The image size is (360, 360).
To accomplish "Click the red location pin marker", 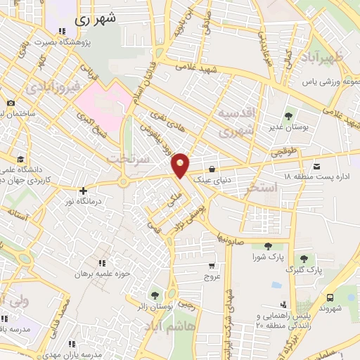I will (x=180, y=165).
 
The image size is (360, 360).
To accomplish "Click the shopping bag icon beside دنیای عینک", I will (x=212, y=169).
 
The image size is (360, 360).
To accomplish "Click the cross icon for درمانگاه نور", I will (x=83, y=191).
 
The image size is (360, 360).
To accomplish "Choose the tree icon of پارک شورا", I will (x=268, y=245).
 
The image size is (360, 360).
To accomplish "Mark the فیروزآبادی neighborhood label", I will (x=53, y=89).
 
